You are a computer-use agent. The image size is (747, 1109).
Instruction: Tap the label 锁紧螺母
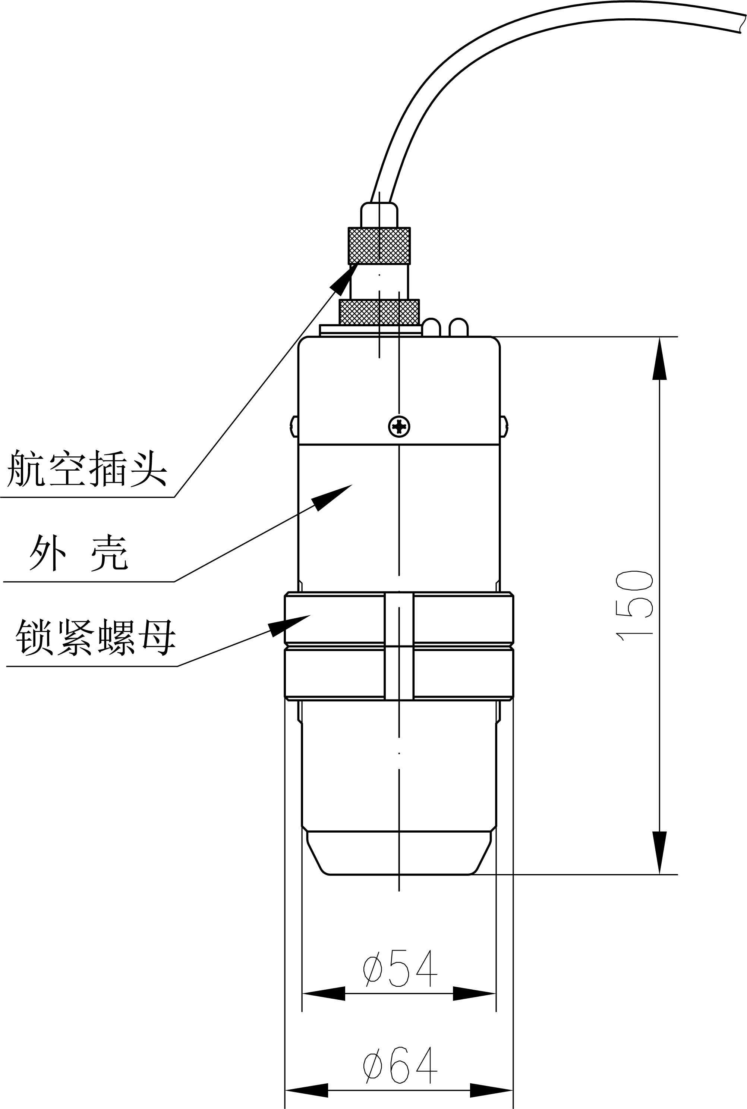click(x=95, y=638)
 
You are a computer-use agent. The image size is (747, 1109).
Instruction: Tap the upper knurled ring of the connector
click(x=379, y=246)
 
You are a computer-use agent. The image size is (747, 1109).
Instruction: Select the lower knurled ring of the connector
click(x=379, y=312)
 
